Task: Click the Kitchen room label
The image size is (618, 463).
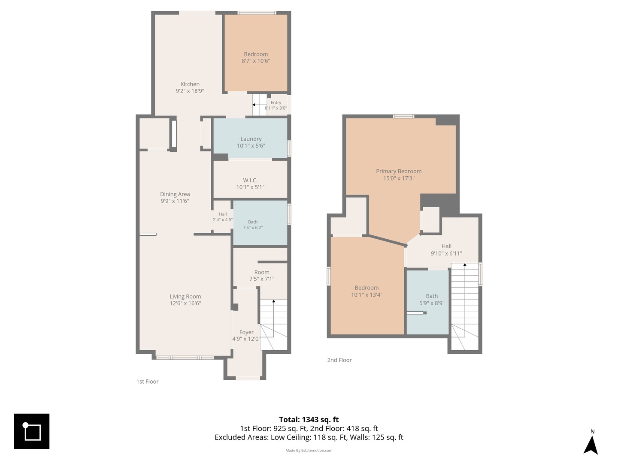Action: (x=190, y=84)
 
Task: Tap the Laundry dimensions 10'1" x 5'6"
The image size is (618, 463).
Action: (x=251, y=146)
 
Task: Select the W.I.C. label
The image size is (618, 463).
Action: (x=250, y=180)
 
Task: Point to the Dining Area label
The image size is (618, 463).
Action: (x=175, y=194)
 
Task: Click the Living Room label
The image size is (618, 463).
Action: (x=185, y=297)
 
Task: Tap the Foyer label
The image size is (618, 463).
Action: (x=246, y=332)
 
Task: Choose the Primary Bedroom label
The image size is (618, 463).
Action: (x=399, y=171)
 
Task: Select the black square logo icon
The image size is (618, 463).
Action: (x=31, y=431)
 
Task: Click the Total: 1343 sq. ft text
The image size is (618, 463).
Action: (x=309, y=420)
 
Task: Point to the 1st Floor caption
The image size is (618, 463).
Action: (x=147, y=382)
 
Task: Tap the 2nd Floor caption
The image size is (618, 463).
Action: (x=339, y=360)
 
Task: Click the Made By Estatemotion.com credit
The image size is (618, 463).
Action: (x=309, y=450)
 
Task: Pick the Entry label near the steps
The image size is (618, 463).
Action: (x=276, y=102)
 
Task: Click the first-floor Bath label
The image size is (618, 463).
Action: (x=253, y=222)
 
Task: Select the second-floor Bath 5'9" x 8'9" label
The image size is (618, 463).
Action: (x=432, y=300)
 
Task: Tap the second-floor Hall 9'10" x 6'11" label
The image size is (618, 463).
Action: (x=446, y=250)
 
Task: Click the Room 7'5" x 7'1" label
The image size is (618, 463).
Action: (x=262, y=276)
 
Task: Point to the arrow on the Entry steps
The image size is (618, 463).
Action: (x=259, y=105)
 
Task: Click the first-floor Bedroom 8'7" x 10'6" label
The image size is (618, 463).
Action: (x=256, y=57)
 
